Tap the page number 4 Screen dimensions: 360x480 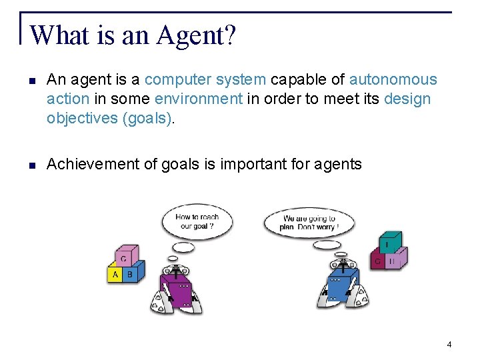pyautogui.click(x=449, y=345)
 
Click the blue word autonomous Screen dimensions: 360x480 pyautogui.click(x=393, y=80)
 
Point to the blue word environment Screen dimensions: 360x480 pyautogui.click(x=199, y=99)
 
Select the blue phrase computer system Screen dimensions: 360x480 pyautogui.click(x=205, y=80)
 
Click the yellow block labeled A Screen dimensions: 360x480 pyautogui.click(x=115, y=274)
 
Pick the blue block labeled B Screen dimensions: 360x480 pyautogui.click(x=130, y=274)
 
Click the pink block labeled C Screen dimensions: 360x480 pyautogui.click(x=124, y=257)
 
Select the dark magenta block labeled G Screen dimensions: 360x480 pyautogui.click(x=377, y=261)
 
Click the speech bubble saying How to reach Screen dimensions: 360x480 pyautogui.click(x=197, y=221)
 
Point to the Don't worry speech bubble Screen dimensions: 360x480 pyautogui.click(x=309, y=222)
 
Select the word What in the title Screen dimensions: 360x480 pyautogui.click(x=59, y=36)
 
